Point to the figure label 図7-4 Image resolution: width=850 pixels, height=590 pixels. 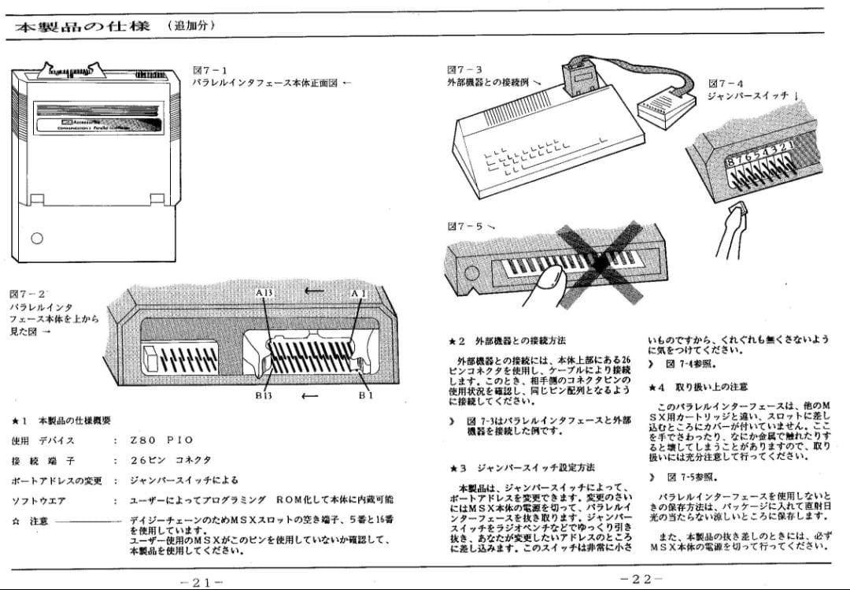(726, 83)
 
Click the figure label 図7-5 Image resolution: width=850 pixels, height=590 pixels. (465, 226)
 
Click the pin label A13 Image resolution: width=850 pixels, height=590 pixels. (264, 293)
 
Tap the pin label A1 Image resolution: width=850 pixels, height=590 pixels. (359, 293)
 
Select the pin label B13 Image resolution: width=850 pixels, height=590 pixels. (263, 395)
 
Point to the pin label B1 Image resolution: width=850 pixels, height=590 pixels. (366, 395)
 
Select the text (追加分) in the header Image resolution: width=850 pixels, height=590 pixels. (191, 26)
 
